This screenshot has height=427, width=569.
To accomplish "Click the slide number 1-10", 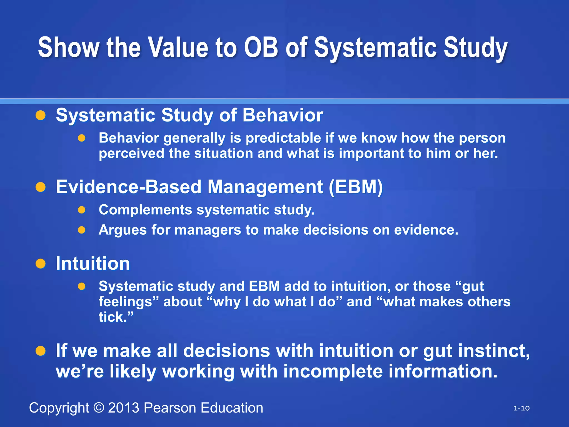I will click(x=521, y=408).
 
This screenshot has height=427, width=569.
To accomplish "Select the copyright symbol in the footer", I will click(x=99, y=408).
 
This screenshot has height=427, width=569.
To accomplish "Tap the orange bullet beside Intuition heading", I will click(x=41, y=264).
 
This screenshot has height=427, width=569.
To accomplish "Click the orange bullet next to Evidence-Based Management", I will click(x=41, y=187).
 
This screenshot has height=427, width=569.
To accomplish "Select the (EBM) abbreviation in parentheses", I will click(x=356, y=187).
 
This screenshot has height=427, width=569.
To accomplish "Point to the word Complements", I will click(x=145, y=210).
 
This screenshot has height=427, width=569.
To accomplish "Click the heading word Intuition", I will click(x=93, y=264).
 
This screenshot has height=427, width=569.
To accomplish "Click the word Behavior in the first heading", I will click(x=283, y=115).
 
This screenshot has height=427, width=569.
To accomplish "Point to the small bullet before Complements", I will click(x=81, y=210).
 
